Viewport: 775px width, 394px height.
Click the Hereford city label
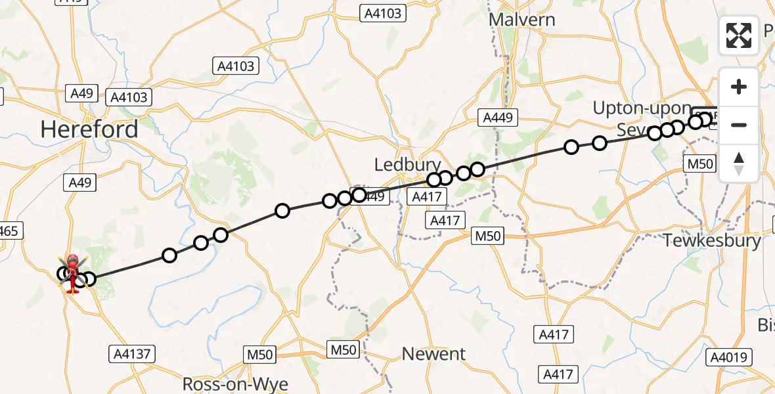click(89, 129)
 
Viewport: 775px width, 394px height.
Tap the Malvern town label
click(523, 20)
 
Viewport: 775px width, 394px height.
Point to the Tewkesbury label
click(712, 240)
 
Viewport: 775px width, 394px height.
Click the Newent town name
click(433, 354)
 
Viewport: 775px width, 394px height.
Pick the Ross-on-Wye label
click(235, 383)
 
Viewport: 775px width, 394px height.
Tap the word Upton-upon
click(642, 108)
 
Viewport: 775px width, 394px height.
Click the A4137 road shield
click(132, 355)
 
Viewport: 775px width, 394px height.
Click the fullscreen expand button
click(739, 35)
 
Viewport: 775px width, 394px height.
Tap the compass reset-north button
click(739, 164)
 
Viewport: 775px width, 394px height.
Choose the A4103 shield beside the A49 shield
click(129, 97)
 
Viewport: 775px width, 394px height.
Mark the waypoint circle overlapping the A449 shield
click(359, 194)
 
